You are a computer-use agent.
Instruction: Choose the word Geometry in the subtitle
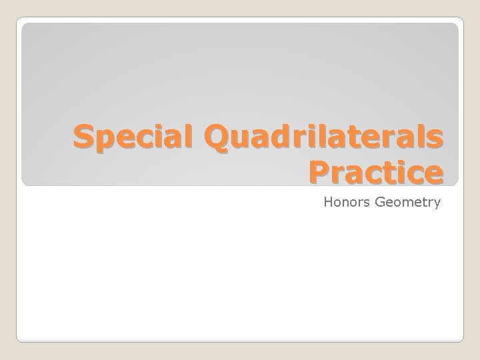(407, 201)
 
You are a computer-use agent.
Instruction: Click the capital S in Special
(83, 138)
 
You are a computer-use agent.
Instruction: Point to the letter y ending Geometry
(437, 203)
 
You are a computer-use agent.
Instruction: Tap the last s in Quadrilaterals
(434, 140)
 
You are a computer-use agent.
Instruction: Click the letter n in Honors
(349, 202)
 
